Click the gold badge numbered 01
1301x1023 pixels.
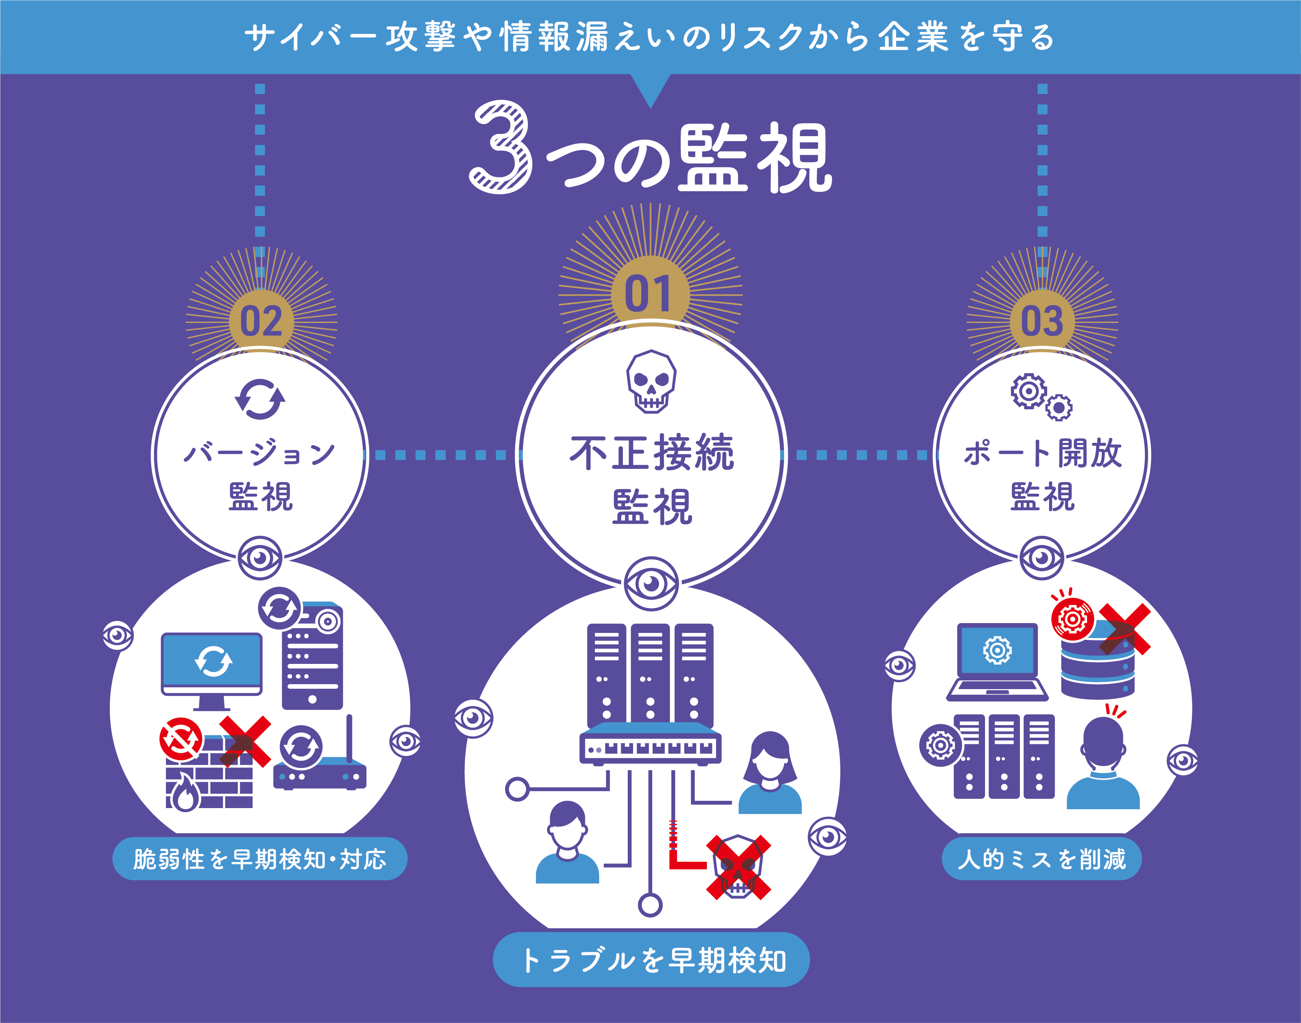pos(650,293)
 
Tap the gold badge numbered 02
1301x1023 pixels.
pos(261,322)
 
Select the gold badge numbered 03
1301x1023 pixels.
pos(1042,322)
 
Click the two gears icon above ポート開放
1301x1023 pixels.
pos(1041,397)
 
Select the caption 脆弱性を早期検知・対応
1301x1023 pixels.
pos(260,859)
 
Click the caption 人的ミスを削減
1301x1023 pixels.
pos(1042,859)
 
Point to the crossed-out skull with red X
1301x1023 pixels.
pos(738,868)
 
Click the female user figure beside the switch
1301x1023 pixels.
pos(770,772)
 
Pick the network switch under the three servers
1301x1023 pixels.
pos(650,743)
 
